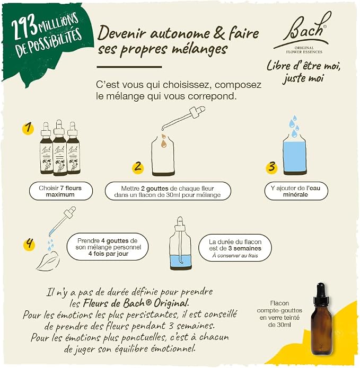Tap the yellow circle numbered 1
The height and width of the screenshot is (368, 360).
pos(28,128)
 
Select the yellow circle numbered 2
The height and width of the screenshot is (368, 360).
pos(138,167)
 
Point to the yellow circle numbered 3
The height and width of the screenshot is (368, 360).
pos(271,167)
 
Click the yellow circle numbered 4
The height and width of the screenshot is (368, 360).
pos(29,244)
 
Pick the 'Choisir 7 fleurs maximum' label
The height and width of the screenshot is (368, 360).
pos(60,191)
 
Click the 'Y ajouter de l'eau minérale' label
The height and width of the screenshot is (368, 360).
pos(296,191)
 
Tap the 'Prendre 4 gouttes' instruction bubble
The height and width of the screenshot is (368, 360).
pos(108,247)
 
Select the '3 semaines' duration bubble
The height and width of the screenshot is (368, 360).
pos(235,248)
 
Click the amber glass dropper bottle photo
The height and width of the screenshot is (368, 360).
pos(321,319)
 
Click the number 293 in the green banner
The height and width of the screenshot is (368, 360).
pos(24,28)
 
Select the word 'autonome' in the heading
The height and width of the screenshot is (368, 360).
pos(180,34)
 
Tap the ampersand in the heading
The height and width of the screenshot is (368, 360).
pos(219,33)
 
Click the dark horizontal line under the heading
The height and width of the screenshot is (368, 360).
pos(129,67)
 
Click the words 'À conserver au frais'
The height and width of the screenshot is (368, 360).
pos(235,256)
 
